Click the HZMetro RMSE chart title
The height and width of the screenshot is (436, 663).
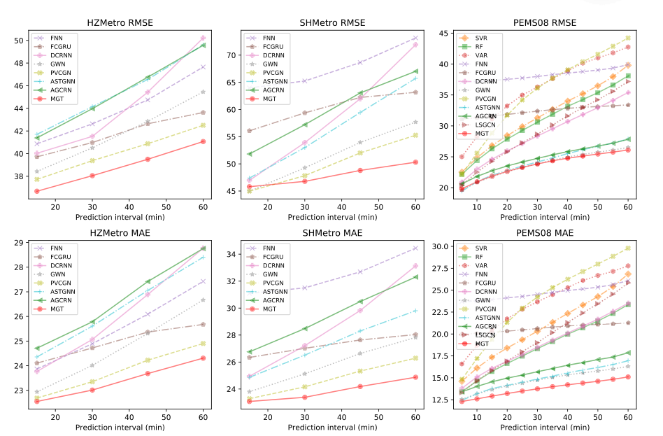click(x=119, y=22)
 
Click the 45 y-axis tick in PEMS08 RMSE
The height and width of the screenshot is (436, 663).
click(x=443, y=33)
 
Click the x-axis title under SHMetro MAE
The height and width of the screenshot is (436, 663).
click(x=332, y=427)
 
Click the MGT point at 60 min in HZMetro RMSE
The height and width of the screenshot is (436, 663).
click(x=203, y=141)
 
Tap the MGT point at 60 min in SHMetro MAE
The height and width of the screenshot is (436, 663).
click(x=415, y=377)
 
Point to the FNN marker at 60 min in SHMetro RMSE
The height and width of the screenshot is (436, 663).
click(x=415, y=38)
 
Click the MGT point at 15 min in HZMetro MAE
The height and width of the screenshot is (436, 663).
click(x=36, y=401)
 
